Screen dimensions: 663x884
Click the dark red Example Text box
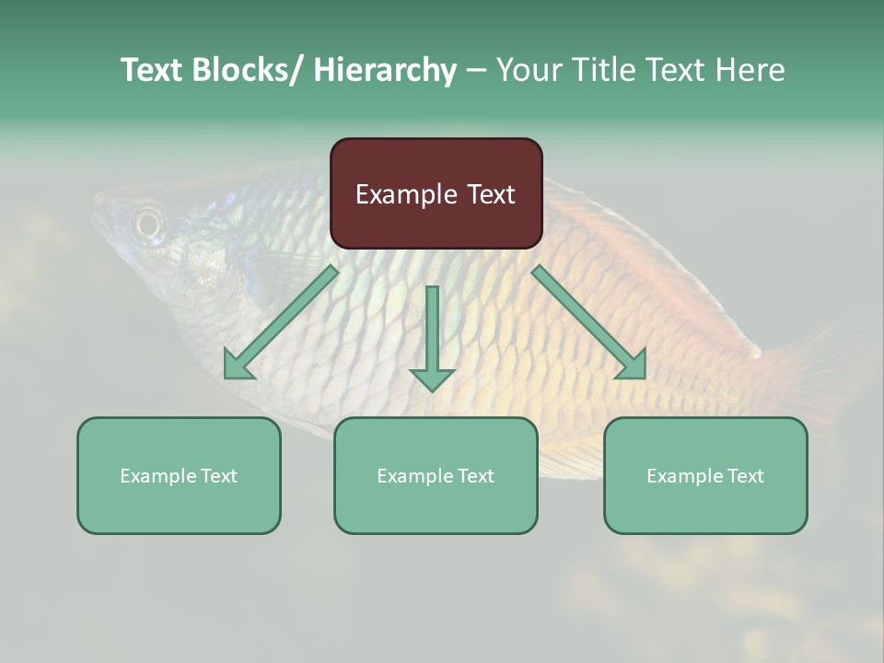click(x=436, y=193)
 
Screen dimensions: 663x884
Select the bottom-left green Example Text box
click(x=179, y=475)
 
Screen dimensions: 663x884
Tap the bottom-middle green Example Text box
click(x=436, y=475)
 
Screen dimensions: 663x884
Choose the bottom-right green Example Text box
click(x=705, y=475)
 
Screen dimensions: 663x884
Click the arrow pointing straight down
click(x=432, y=336)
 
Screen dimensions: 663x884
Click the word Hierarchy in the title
click(x=384, y=70)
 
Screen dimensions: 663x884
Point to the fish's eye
click(x=147, y=222)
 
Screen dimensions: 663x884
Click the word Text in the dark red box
click(x=490, y=194)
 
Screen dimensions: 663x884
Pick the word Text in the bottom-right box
click(x=746, y=476)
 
